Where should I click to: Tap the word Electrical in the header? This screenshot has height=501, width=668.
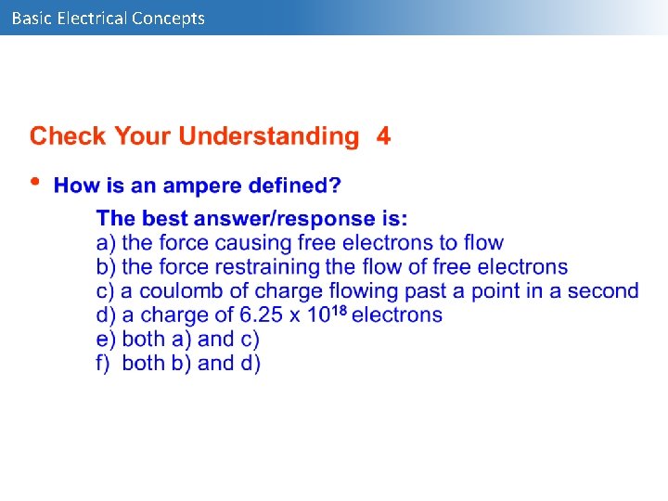[92, 18]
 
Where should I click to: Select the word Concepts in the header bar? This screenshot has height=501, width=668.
[168, 18]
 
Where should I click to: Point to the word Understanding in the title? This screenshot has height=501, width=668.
[268, 136]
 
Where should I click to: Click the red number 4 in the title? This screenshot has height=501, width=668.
[383, 136]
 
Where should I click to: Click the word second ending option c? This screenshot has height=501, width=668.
[603, 291]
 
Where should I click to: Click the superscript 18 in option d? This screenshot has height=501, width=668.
[340, 311]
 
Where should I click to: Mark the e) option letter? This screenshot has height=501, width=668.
[105, 340]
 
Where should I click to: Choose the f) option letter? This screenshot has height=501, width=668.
[104, 364]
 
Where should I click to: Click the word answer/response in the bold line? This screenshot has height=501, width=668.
[296, 219]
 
